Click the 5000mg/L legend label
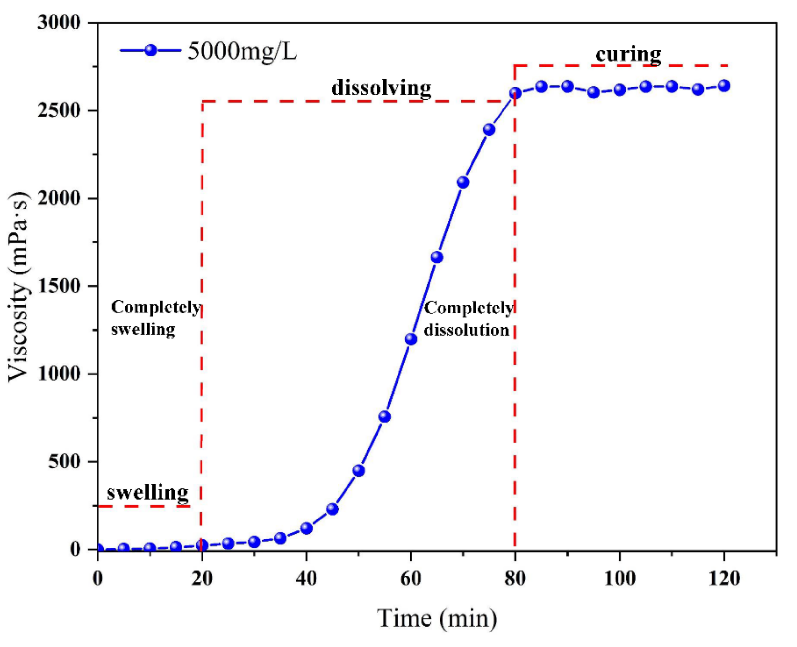point(242,51)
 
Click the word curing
point(628,55)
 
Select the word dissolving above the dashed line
point(381,88)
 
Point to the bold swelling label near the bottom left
point(148,493)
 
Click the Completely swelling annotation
point(155,318)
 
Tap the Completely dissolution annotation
point(468,319)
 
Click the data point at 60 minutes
point(411,339)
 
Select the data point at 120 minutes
point(724,86)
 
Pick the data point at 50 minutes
point(358,470)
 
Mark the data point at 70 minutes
point(463,182)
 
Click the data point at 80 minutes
point(515,93)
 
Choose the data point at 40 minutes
point(306,528)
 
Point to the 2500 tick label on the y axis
point(59,111)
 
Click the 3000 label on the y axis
point(59,23)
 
